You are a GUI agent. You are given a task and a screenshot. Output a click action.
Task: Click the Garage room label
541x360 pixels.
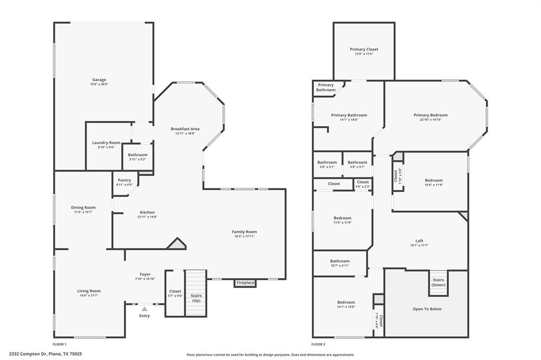(x=99, y=80)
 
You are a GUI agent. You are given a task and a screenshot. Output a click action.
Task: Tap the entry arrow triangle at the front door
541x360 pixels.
(x=144, y=309)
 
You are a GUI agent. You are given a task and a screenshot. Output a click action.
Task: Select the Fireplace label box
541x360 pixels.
(x=245, y=283)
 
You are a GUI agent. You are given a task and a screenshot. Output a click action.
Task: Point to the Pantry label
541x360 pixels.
(x=124, y=180)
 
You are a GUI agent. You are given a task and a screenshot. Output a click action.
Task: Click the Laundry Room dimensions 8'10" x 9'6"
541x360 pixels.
(x=106, y=147)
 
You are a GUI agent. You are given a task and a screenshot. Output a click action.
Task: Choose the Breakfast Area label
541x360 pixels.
(x=185, y=129)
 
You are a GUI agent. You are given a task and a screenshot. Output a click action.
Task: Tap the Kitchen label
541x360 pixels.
(x=147, y=212)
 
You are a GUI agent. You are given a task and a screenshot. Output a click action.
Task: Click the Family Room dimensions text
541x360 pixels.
(x=245, y=236)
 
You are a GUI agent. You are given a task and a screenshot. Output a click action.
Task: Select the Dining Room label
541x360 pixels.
(x=83, y=207)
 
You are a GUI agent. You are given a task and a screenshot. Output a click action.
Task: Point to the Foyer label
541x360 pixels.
(x=145, y=274)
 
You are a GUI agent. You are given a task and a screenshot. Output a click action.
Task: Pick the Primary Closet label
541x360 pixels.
(x=364, y=49)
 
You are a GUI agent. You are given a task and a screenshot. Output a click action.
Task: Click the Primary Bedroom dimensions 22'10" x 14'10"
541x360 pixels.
(x=431, y=120)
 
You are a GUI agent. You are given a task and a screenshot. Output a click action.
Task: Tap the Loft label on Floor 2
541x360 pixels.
(x=419, y=241)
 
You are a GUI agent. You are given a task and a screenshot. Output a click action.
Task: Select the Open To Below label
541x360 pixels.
(x=427, y=309)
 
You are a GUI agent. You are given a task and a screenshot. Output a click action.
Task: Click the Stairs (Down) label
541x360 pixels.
(x=439, y=282)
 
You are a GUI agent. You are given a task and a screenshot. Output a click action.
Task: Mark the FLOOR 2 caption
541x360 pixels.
(x=319, y=344)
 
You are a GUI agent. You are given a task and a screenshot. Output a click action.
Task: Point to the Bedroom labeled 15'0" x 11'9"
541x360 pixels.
(x=434, y=181)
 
